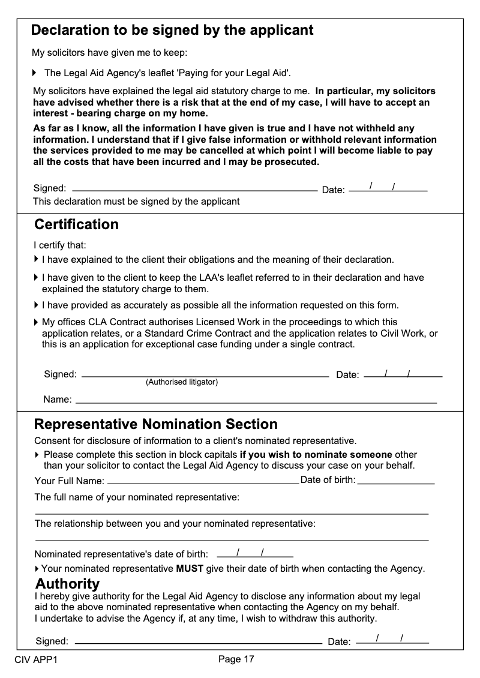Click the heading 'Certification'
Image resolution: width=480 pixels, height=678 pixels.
click(x=76, y=224)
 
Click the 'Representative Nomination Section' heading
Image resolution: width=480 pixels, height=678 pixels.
click(x=156, y=424)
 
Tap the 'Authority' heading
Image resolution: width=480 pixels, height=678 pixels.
click(x=67, y=584)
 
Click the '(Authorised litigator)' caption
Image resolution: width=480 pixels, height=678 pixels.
click(x=182, y=382)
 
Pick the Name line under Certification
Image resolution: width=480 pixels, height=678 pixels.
click(x=256, y=399)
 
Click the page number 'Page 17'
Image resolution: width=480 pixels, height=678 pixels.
click(x=236, y=659)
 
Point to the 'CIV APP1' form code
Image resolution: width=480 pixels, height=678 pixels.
click(x=36, y=660)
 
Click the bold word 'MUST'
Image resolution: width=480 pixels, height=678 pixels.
click(x=190, y=568)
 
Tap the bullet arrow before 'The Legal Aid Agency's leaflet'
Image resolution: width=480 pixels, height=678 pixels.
click(x=35, y=73)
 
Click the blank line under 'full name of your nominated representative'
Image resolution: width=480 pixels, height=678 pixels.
click(x=232, y=513)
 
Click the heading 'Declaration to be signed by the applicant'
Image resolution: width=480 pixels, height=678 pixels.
click(x=172, y=30)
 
